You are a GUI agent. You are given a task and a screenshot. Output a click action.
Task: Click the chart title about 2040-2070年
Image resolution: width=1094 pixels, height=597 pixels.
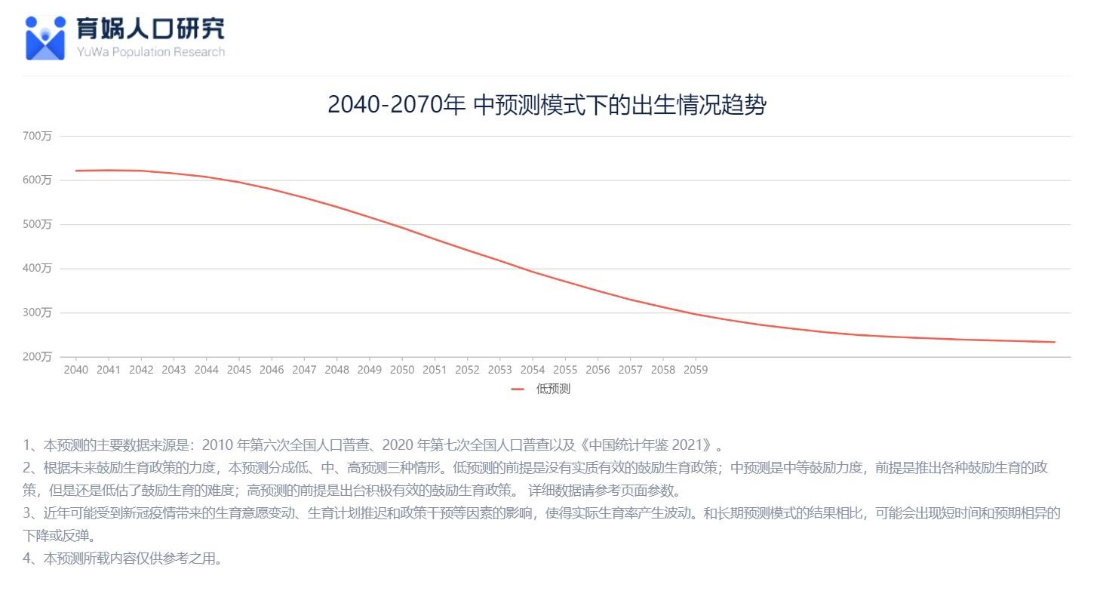pyautogui.click(x=546, y=105)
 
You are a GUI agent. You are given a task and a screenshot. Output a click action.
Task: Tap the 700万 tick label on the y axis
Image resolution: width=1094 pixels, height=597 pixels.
pyautogui.click(x=37, y=136)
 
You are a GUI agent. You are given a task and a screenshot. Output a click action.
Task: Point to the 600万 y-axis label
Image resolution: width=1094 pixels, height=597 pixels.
pyautogui.click(x=37, y=180)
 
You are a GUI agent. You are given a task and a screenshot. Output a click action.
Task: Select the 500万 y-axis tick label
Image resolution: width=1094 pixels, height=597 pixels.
pyautogui.click(x=37, y=224)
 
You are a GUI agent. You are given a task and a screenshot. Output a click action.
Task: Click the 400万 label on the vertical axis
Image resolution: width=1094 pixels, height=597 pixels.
pyautogui.click(x=37, y=269)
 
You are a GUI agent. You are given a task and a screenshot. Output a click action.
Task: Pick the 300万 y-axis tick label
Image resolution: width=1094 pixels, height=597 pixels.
pyautogui.click(x=37, y=312)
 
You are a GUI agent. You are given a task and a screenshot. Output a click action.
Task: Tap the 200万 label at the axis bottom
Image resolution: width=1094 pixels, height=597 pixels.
pyautogui.click(x=37, y=357)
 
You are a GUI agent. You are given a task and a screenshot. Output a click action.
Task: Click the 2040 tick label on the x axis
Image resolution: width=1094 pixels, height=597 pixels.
pyautogui.click(x=75, y=370)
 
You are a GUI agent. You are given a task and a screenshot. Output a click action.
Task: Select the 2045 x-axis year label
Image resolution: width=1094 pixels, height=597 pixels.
pyautogui.click(x=238, y=370)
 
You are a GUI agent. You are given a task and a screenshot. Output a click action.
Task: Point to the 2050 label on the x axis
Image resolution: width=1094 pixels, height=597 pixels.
pyautogui.click(x=401, y=370)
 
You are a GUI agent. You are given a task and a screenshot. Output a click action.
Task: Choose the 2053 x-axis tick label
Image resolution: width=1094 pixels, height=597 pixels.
pyautogui.click(x=499, y=370)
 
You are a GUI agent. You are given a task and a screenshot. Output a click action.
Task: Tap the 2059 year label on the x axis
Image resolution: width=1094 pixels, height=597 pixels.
pyautogui.click(x=695, y=370)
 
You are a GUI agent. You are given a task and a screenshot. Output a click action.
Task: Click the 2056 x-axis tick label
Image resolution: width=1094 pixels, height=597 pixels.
pyautogui.click(x=598, y=370)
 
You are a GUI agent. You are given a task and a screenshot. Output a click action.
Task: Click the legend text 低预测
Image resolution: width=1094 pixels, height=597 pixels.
pyautogui.click(x=553, y=389)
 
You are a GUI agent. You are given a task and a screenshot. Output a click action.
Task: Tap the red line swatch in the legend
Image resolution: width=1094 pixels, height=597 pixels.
pyautogui.click(x=518, y=389)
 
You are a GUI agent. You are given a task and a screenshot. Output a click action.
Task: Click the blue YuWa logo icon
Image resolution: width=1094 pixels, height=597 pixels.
pyautogui.click(x=45, y=38)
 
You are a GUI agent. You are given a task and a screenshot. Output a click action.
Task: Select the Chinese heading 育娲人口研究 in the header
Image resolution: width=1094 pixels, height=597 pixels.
pyautogui.click(x=150, y=29)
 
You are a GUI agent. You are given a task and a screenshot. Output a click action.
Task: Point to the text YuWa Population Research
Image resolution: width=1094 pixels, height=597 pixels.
pyautogui.click(x=150, y=52)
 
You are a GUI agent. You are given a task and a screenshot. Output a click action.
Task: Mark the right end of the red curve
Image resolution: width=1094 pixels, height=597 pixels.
pyautogui.click(x=1054, y=342)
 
